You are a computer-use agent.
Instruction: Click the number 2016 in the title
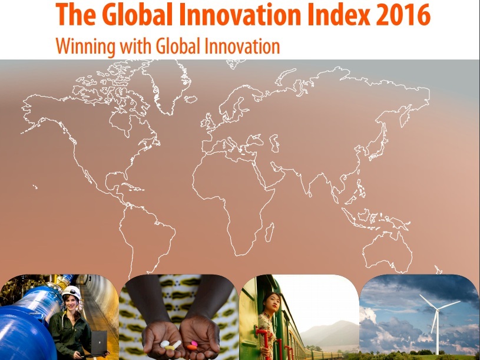(x=403, y=14)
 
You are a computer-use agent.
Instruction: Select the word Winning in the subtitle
(x=86, y=47)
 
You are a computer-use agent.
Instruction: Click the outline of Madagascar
(x=270, y=232)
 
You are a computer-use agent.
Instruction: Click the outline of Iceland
(x=191, y=99)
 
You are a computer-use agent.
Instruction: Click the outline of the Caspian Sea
(x=274, y=143)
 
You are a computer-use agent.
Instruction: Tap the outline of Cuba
(x=133, y=186)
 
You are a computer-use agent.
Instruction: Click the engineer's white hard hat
(x=72, y=292)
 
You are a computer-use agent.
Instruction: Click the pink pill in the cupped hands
(x=194, y=344)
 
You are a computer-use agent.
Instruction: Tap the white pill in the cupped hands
(x=165, y=344)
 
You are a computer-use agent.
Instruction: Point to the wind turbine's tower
(x=438, y=333)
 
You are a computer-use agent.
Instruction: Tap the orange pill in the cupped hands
(x=191, y=348)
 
